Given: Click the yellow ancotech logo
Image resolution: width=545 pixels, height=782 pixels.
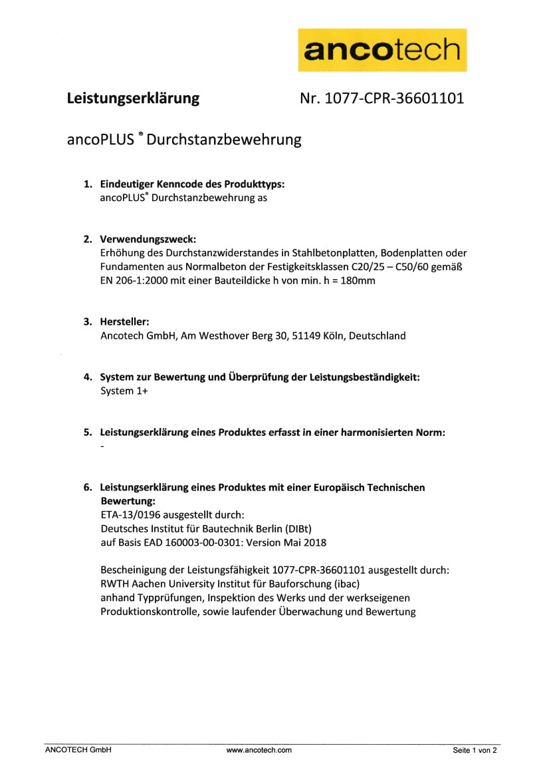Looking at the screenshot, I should click(382, 49).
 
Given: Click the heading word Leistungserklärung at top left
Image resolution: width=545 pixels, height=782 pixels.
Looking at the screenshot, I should click(133, 98).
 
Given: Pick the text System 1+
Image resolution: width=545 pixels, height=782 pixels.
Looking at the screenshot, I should click(124, 391).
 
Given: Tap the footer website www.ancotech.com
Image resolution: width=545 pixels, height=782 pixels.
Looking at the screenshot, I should click(259, 750).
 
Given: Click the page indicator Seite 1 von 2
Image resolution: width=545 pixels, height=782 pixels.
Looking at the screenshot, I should click(475, 750).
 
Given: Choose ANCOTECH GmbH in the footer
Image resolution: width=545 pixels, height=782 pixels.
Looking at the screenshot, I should click(78, 750).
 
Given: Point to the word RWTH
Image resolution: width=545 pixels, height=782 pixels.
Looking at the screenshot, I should click(114, 584).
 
